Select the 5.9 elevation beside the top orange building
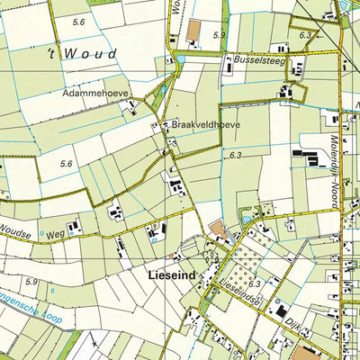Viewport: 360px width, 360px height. (x=219, y=35)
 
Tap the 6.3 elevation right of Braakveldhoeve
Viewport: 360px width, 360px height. (x=236, y=156)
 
